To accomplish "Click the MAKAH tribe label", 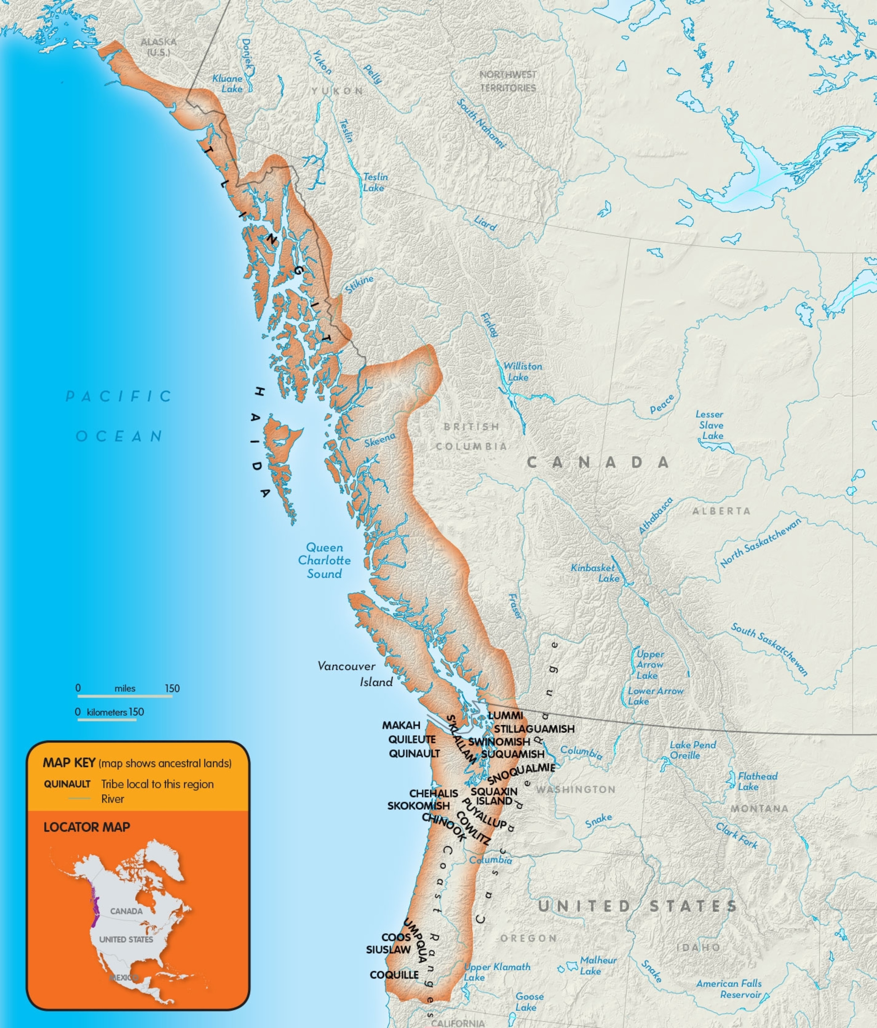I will point(401,725).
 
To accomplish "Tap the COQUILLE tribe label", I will point(394,975).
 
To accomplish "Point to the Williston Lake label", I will point(522,371).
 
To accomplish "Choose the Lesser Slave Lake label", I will point(711,425).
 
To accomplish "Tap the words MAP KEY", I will point(69,763).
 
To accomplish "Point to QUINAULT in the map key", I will point(67,784).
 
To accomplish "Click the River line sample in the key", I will point(79,798).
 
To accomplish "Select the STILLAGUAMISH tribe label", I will point(534,729).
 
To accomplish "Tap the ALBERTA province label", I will point(721,511).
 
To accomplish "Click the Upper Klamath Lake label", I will point(496,971).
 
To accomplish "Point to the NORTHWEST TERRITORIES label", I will point(508,81).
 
